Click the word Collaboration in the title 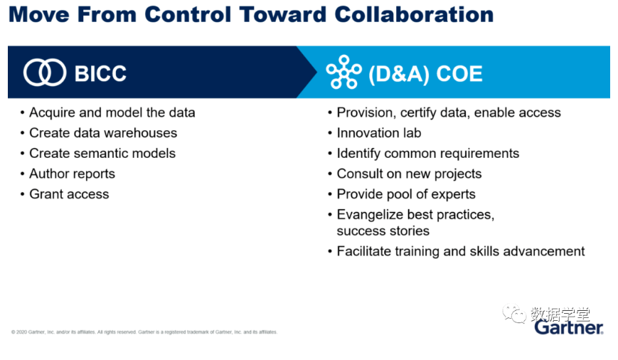(414, 15)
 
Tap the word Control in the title (188, 15)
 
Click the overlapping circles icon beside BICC (45, 73)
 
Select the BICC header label (100, 73)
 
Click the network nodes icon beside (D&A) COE (343, 72)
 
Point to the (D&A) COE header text (425, 74)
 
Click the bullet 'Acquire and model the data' (112, 112)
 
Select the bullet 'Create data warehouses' (103, 133)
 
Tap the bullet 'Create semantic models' (102, 154)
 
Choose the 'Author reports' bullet (72, 174)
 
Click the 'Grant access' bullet (69, 194)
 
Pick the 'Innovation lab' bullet (379, 133)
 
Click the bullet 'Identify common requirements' (428, 154)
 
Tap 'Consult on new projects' (409, 174)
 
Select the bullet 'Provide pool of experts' (406, 194)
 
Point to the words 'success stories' (383, 231)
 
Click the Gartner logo (569, 327)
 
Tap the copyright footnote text (144, 332)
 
